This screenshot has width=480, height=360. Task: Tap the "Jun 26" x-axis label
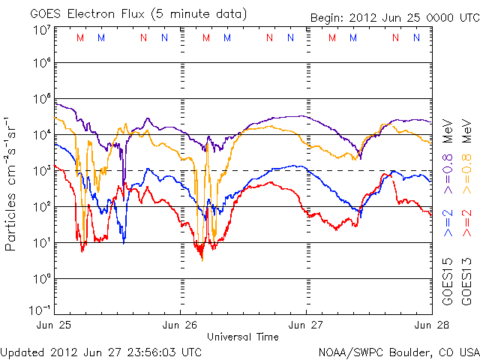(181, 325)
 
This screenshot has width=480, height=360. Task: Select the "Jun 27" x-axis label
(305, 325)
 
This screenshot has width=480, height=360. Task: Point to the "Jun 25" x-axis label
(56, 325)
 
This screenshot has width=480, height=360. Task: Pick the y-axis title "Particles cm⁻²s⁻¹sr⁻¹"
(13, 183)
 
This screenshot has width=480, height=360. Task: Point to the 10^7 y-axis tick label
(42, 30)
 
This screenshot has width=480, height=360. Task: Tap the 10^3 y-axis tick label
(42, 171)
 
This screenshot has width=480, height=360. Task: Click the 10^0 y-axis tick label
(42, 278)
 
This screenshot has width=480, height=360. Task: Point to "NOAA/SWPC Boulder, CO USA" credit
(398, 352)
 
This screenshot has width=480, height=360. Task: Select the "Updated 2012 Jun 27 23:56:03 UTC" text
(101, 352)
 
